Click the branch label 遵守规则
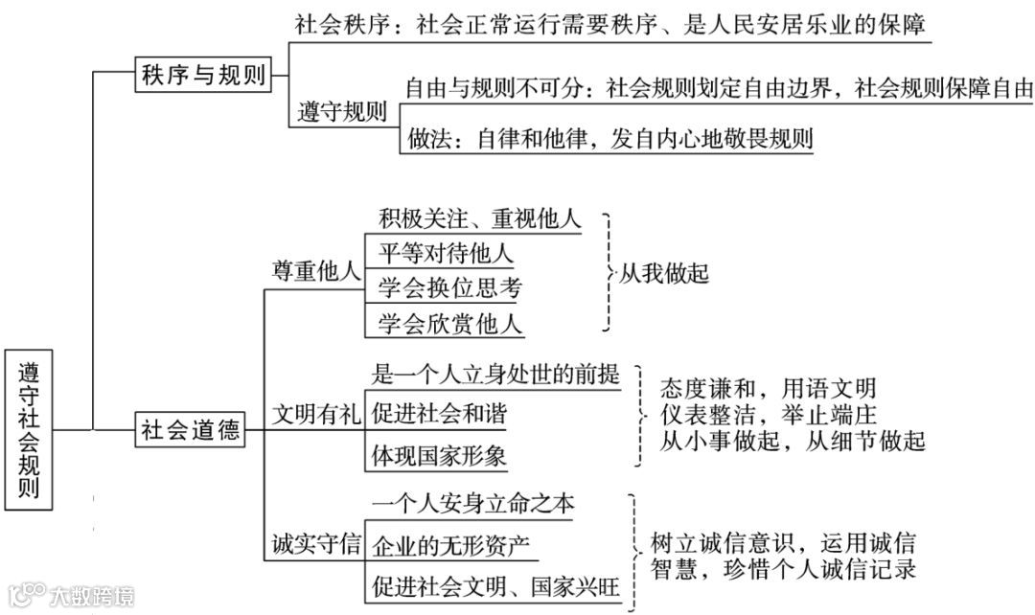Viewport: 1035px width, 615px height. pos(342,111)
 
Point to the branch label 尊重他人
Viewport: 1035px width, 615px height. pos(314,271)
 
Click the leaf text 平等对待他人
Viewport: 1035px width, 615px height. pos(446,254)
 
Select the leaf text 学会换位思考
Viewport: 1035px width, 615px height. pos(449,288)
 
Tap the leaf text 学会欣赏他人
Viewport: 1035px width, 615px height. pos(449,323)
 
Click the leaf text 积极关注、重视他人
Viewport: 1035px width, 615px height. pos(479,218)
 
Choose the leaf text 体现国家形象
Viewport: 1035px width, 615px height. pos(439,455)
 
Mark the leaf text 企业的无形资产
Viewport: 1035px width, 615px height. pos(450,545)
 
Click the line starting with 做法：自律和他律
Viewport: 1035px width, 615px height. pos(609,138)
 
